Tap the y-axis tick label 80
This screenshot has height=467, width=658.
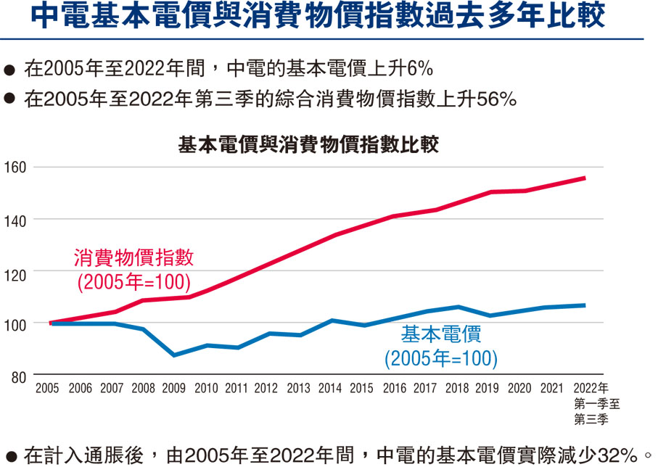(18, 376)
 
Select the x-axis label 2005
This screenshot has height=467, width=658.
(48, 388)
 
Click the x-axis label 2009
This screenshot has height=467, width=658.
(175, 388)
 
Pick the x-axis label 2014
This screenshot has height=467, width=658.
(330, 388)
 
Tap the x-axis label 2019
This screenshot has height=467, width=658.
(488, 388)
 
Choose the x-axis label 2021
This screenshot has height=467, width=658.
(552, 388)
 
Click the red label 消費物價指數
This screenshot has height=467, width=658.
(133, 258)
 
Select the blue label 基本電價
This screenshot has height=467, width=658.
(441, 335)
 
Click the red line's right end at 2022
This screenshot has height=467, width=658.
(585, 178)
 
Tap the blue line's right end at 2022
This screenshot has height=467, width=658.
(585, 305)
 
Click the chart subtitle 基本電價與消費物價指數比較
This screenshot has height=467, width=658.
(308, 144)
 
